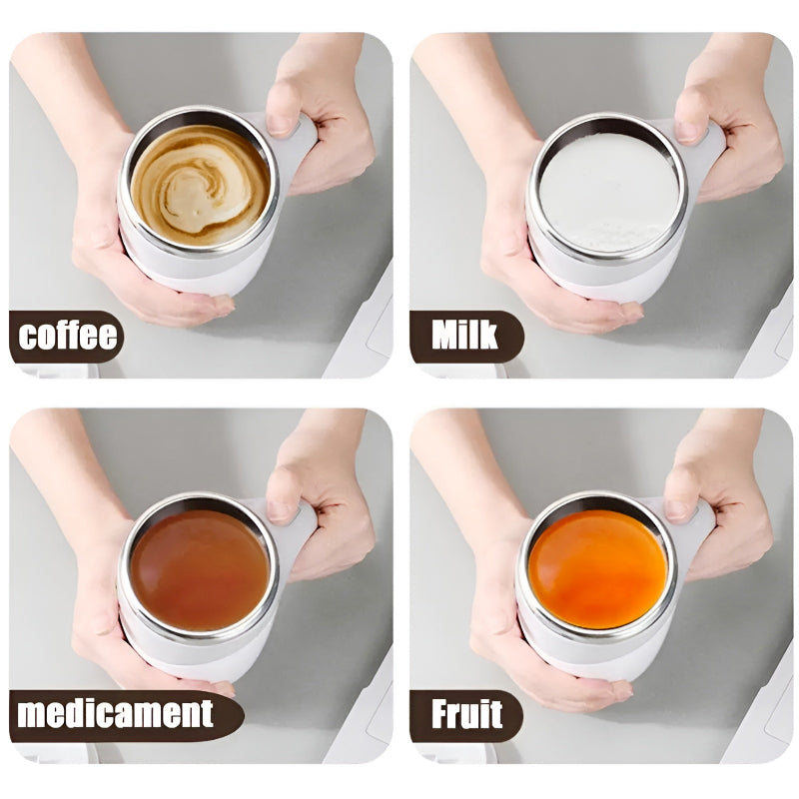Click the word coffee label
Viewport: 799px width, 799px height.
click(x=67, y=337)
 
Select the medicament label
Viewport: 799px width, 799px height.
click(x=116, y=714)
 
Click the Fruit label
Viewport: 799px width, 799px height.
click(x=464, y=714)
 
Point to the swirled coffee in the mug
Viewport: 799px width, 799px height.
click(x=200, y=185)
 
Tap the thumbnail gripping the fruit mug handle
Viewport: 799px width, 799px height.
click(x=679, y=508)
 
